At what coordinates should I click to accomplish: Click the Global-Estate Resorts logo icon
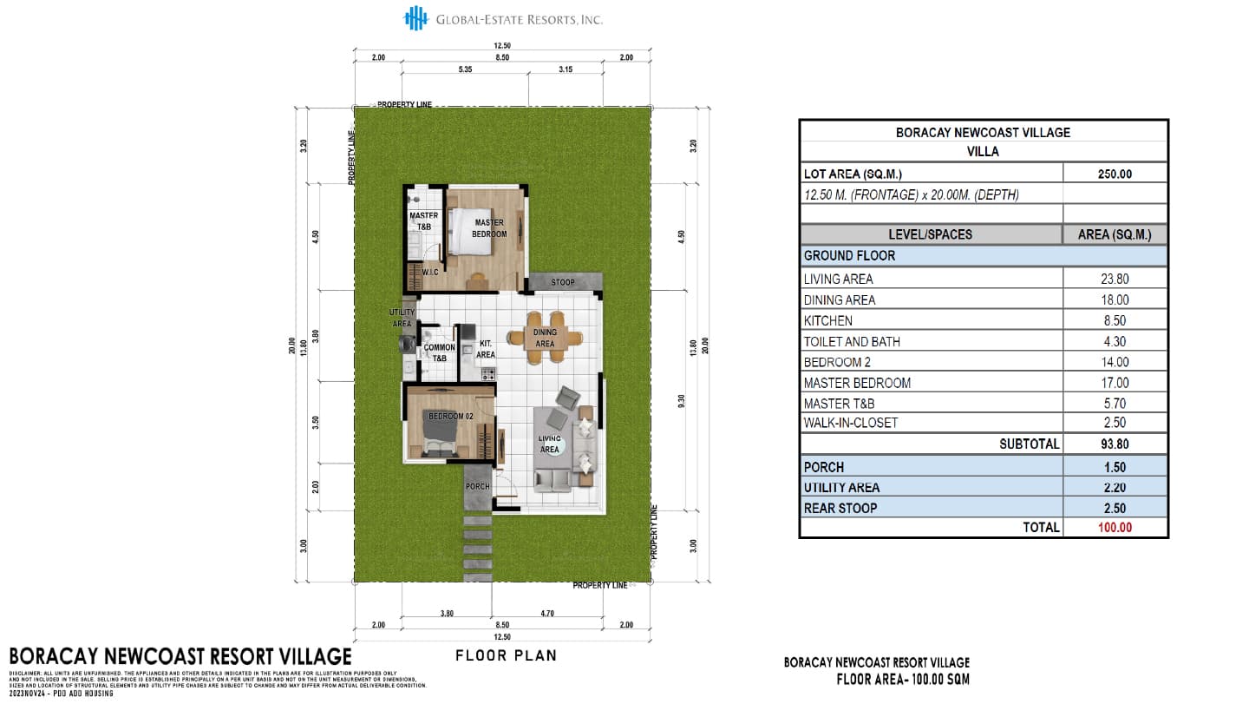pyautogui.click(x=417, y=18)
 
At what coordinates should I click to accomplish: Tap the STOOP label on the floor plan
pyautogui.click(x=563, y=282)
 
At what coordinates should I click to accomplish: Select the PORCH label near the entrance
pyautogui.click(x=477, y=486)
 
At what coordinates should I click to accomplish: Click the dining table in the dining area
pyautogui.click(x=545, y=338)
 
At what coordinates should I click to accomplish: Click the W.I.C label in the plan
pyautogui.click(x=429, y=273)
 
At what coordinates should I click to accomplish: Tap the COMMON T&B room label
pyautogui.click(x=439, y=352)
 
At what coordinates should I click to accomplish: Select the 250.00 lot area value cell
pyautogui.click(x=1115, y=174)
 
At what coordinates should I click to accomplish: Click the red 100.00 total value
pyautogui.click(x=1115, y=527)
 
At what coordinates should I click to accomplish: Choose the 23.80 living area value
pyautogui.click(x=1115, y=279)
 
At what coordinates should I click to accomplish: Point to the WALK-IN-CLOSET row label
pyautogui.click(x=851, y=423)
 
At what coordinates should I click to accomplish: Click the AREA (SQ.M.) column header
pyautogui.click(x=1115, y=234)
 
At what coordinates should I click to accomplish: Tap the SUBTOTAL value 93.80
pyautogui.click(x=1115, y=444)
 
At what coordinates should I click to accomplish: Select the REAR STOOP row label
pyautogui.click(x=840, y=508)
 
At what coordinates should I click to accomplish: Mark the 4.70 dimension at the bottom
pyautogui.click(x=547, y=613)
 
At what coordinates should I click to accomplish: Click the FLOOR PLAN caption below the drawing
pyautogui.click(x=506, y=655)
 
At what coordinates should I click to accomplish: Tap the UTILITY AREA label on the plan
pyautogui.click(x=401, y=318)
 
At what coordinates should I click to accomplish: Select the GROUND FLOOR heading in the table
pyautogui.click(x=849, y=256)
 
